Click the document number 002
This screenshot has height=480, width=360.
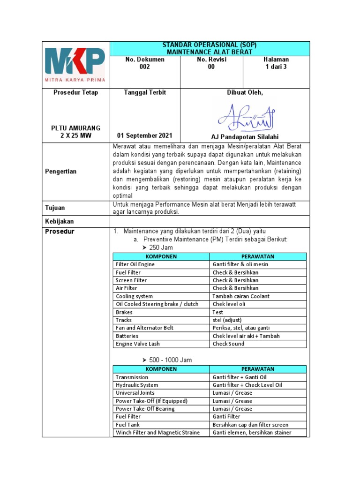[x=144, y=67]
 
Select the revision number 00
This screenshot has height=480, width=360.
[x=211, y=67]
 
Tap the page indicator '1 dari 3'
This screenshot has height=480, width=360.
[x=277, y=67]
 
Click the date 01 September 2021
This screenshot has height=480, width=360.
[x=144, y=136]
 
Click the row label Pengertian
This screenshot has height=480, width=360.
[x=61, y=172]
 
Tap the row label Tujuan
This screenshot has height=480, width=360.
[x=55, y=208]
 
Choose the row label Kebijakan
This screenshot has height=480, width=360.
[x=60, y=221]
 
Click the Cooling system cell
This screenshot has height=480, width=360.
[x=135, y=296]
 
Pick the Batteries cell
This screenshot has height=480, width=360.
[x=128, y=336]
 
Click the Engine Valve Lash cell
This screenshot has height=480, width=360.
[x=138, y=344]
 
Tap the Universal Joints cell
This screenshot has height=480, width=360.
[x=135, y=393]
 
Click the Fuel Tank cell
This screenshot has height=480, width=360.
[x=128, y=425]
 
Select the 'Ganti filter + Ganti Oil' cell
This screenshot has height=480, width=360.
[x=240, y=377]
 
